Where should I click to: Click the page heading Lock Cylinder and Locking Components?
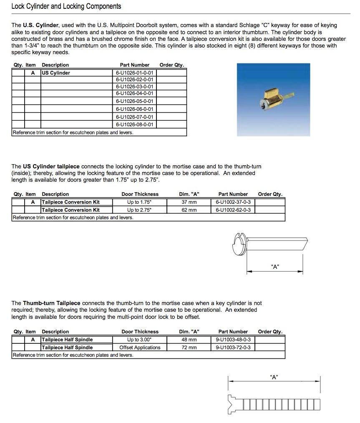click(66, 6)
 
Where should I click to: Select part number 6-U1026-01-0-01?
click(134, 73)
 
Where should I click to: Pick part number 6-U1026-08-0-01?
click(134, 125)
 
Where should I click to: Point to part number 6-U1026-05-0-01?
click(134, 101)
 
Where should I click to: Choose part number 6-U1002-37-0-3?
click(233, 202)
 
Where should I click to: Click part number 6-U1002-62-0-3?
click(233, 210)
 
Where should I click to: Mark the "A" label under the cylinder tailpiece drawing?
click(275, 267)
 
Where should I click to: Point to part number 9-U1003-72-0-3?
click(233, 348)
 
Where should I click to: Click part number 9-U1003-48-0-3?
click(233, 340)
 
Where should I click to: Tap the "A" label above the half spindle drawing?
click(274, 377)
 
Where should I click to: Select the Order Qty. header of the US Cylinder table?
click(171, 65)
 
